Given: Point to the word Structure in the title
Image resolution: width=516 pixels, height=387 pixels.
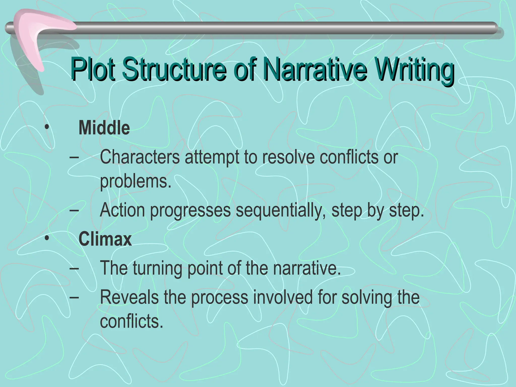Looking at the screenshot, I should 174,69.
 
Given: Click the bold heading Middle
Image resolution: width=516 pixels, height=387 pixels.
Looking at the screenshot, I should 104,128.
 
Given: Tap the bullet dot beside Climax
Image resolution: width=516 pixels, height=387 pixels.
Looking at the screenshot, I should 47,238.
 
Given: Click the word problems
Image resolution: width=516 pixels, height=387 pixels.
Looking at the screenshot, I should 136,181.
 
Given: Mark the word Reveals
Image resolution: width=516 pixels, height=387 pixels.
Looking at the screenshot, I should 129,297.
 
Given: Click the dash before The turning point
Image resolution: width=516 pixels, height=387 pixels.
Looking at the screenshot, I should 74,269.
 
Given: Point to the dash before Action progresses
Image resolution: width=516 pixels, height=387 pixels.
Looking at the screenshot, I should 74,210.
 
